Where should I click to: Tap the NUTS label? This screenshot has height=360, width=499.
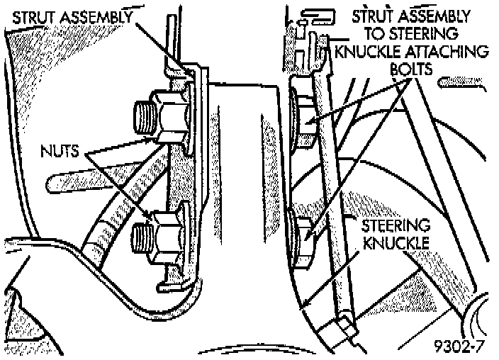(64, 151)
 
